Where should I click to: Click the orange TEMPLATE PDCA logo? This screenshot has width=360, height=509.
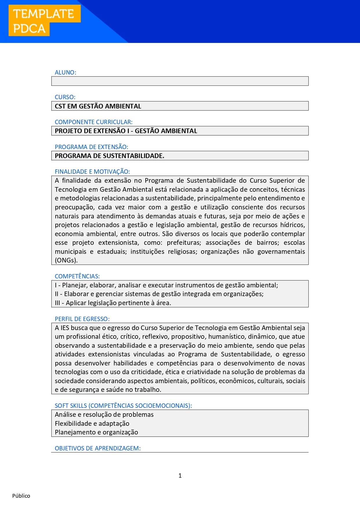point(44,21)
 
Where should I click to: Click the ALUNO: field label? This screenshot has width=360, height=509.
point(66,73)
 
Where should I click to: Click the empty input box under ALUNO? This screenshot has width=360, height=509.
point(180,81)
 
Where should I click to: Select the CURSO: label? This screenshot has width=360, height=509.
point(65,97)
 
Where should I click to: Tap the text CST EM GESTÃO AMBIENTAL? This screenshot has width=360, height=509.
point(98,106)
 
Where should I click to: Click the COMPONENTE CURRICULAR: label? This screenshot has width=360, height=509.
point(94,122)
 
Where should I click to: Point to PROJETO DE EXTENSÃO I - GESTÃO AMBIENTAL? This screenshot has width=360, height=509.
point(126,131)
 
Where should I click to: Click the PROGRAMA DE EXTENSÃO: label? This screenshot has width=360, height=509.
point(91,147)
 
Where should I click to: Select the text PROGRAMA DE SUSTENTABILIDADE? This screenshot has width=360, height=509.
point(109,156)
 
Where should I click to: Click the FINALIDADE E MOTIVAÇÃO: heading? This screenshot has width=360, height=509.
point(92,172)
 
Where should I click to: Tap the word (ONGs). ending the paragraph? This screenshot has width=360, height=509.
point(66,260)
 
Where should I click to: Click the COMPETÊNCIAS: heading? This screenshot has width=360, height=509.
point(77,276)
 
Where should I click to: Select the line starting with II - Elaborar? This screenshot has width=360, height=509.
point(159,294)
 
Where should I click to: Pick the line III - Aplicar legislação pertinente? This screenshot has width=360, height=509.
point(113,303)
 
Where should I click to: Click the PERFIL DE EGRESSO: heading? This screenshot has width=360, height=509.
point(82,319)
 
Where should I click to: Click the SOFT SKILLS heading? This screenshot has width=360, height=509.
point(123,406)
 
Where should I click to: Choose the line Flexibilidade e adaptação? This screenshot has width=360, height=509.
point(92,424)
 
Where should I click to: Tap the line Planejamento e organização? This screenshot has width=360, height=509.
point(96,432)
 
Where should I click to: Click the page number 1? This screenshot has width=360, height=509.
point(180,476)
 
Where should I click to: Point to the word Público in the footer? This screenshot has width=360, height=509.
point(21,496)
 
